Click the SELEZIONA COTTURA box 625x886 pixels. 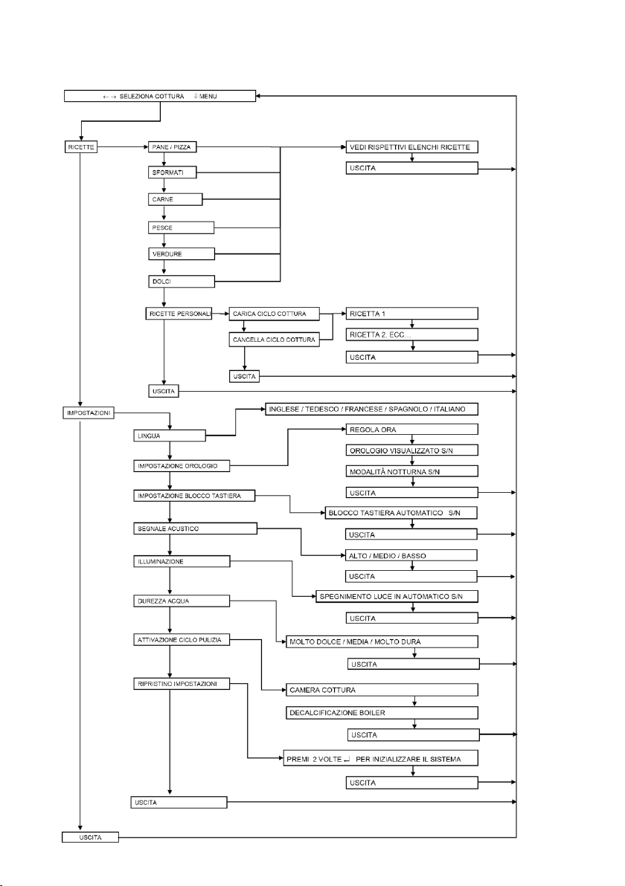160,96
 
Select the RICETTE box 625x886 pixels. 81,147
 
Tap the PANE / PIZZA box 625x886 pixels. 172,147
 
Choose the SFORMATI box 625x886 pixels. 172,172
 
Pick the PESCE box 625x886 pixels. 181,227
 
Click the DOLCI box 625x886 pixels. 181,282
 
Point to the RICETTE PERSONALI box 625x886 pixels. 179,314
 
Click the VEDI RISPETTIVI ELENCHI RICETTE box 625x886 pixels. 411,147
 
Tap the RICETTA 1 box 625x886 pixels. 411,314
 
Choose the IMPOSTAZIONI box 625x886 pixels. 89,413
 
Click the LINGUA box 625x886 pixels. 170,436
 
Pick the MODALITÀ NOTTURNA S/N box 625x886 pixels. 411,471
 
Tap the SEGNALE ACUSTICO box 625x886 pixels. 195,528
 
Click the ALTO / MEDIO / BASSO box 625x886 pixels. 411,555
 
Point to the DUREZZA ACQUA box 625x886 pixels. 182,601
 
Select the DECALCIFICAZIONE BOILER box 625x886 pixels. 382,713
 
